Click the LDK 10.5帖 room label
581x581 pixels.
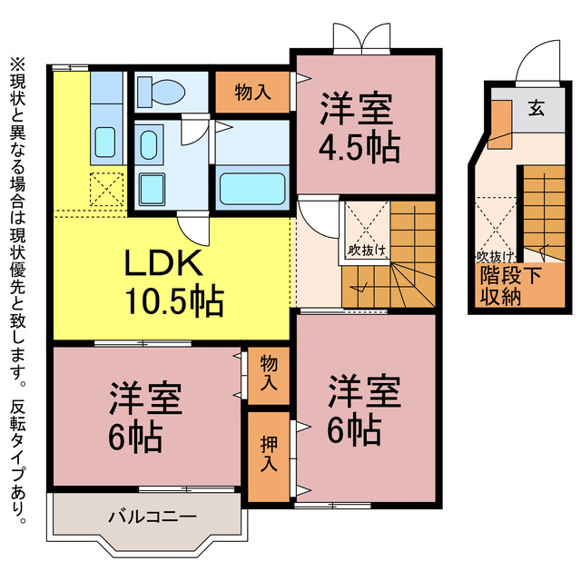pos(174,282)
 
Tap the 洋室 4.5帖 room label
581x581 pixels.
pos(359,128)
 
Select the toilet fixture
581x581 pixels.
pos(161,92)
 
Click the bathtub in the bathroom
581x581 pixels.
pos(252,189)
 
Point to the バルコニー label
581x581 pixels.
pos(153,517)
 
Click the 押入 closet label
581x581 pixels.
pos(269,453)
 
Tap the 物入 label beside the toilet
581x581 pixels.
pos(252,92)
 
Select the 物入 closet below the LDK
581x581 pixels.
pos(269,375)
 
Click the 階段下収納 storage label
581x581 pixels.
pos(510,286)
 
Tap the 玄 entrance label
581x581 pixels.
pos(537,109)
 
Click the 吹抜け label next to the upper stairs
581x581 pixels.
pos(366,251)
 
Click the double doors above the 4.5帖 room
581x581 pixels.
pos(361,36)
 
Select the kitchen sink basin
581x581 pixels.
pos(105,142)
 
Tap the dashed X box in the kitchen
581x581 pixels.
pos(107,190)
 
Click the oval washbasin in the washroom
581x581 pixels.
pos(149,145)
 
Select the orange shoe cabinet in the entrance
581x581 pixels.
pos(499,124)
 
